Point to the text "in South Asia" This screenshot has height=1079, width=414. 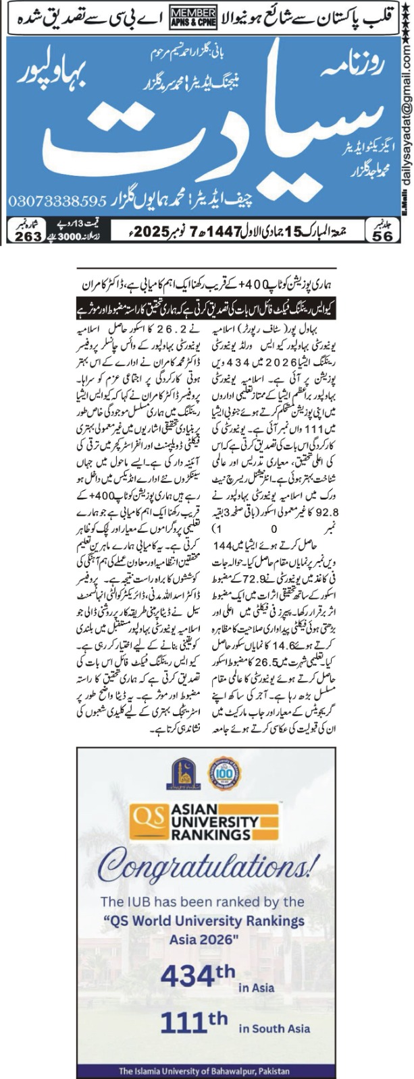[274, 1028]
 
